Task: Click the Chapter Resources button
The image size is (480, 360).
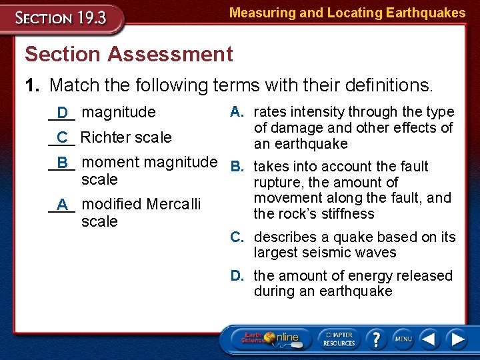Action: click(340, 339)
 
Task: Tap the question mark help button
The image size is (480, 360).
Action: click(377, 339)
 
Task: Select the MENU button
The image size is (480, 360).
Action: click(403, 339)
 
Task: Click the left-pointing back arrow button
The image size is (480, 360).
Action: click(430, 339)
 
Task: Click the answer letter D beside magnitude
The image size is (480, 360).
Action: click(63, 113)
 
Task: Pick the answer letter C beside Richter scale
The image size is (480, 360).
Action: click(63, 138)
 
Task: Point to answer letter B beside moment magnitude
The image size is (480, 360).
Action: click(63, 163)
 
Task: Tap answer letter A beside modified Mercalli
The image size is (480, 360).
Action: click(63, 204)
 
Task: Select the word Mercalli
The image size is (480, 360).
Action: click(173, 203)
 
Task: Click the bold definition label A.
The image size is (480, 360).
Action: click(236, 111)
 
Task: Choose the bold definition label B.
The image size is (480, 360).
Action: click(236, 166)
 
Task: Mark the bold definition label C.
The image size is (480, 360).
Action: click(236, 237)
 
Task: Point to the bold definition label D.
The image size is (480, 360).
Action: click(236, 275)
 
